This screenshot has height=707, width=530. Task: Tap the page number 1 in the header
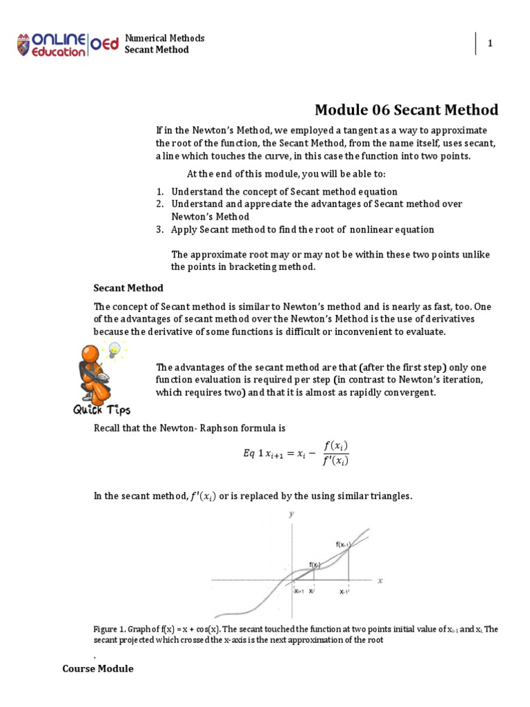click(x=490, y=43)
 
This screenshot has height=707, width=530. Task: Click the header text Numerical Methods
click(x=164, y=38)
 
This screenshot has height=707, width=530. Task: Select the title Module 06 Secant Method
click(x=406, y=110)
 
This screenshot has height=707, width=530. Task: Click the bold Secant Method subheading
click(x=128, y=288)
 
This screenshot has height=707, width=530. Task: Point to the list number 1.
click(x=159, y=191)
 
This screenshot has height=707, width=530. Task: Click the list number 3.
click(x=159, y=229)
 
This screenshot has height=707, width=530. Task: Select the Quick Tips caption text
click(x=102, y=410)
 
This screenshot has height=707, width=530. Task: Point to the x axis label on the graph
click(x=379, y=581)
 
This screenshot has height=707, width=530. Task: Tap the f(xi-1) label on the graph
click(x=344, y=545)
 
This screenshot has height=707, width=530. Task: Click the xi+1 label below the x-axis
click(x=298, y=592)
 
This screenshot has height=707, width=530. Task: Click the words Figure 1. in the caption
click(x=110, y=629)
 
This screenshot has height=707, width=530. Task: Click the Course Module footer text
click(x=98, y=669)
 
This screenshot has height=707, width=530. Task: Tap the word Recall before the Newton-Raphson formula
click(x=107, y=429)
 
